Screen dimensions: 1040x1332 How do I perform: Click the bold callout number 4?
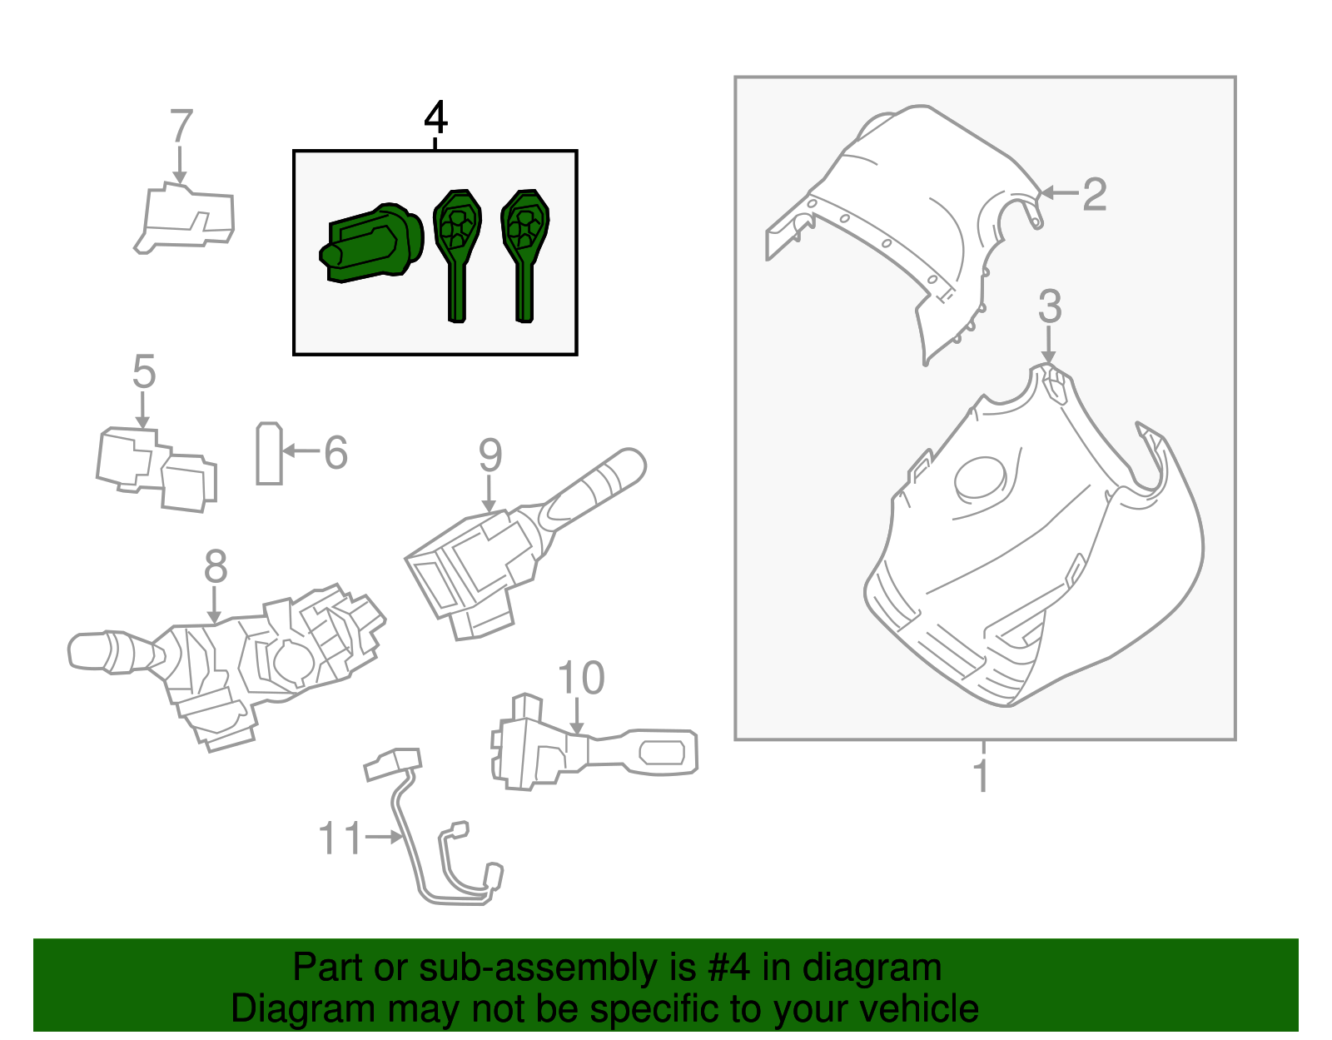435,118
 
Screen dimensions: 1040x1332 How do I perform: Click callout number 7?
181,127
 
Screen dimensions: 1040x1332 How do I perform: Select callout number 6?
335,453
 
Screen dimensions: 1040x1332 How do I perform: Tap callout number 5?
144,371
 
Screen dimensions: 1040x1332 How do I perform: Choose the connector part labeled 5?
157,469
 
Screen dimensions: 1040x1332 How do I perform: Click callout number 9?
490,455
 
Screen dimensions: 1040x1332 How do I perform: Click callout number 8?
215,567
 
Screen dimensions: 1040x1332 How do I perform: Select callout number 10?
580,679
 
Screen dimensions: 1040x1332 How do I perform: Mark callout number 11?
341,838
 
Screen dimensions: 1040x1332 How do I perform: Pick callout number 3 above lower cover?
1050,307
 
